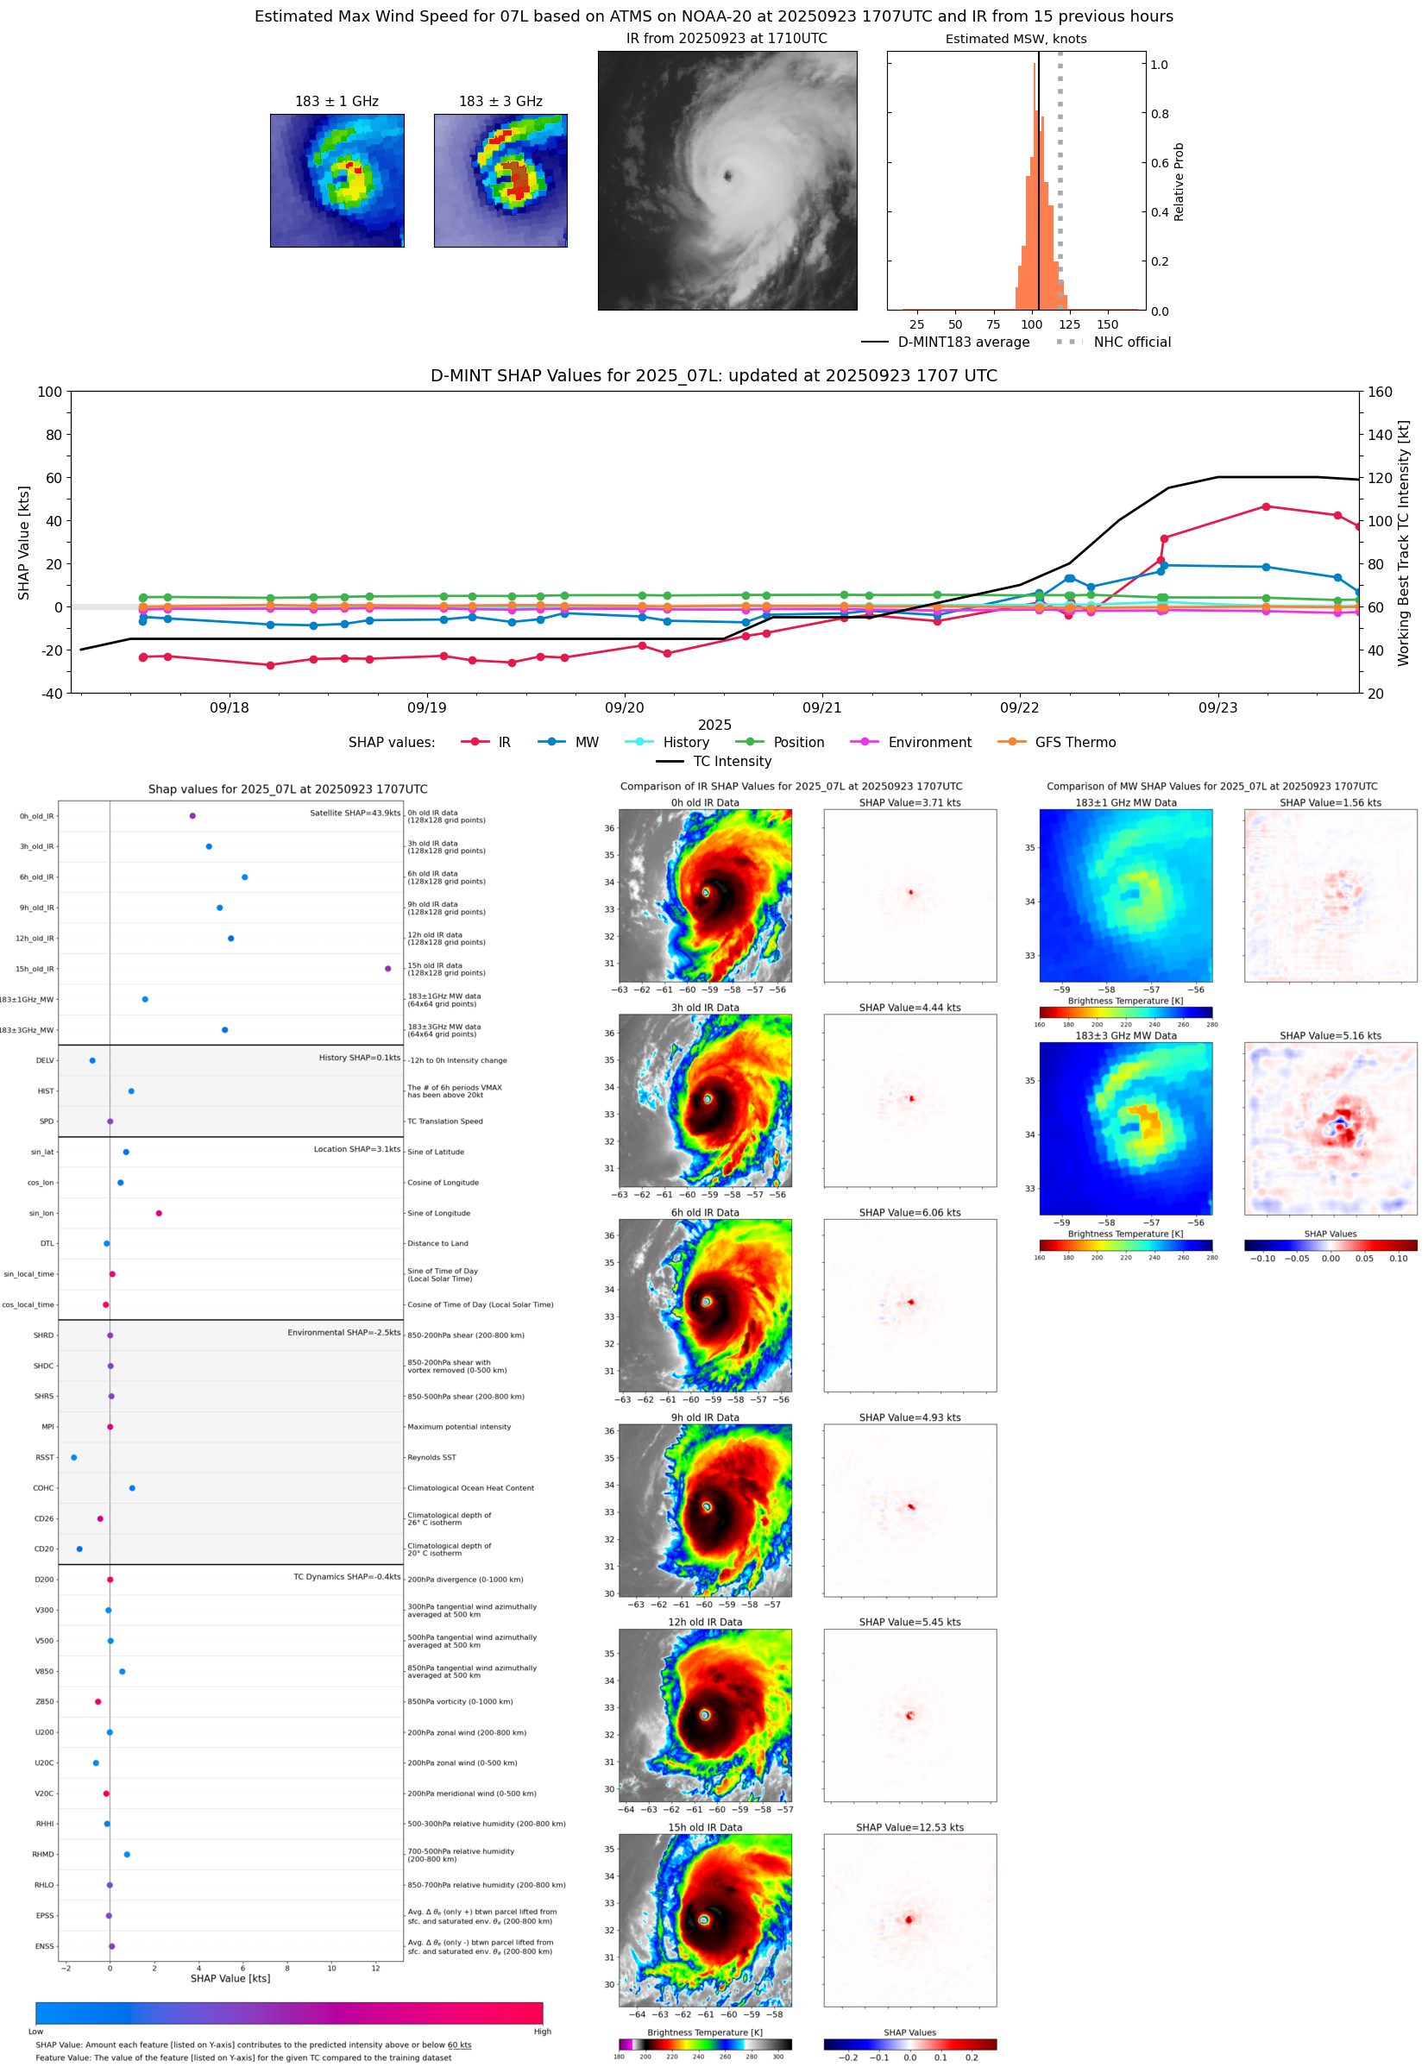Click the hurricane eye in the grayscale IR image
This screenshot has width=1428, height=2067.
727,176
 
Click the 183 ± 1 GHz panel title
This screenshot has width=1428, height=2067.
337,102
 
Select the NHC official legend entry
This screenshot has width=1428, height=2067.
1131,342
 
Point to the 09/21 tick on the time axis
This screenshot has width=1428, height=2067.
821,707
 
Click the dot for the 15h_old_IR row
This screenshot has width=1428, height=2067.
387,969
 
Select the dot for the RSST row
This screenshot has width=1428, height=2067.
74,1457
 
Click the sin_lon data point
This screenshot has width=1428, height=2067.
160,1213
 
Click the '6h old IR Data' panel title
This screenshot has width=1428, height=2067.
705,1213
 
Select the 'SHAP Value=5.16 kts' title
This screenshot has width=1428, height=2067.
1330,1036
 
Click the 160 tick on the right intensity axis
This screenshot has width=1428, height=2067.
1380,392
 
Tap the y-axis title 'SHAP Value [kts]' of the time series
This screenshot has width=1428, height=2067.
24,542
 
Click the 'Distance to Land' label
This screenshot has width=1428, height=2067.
437,1243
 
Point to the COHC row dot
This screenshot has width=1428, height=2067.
132,1488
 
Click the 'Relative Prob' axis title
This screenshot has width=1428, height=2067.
1179,181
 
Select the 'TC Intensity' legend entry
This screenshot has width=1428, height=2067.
731,761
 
